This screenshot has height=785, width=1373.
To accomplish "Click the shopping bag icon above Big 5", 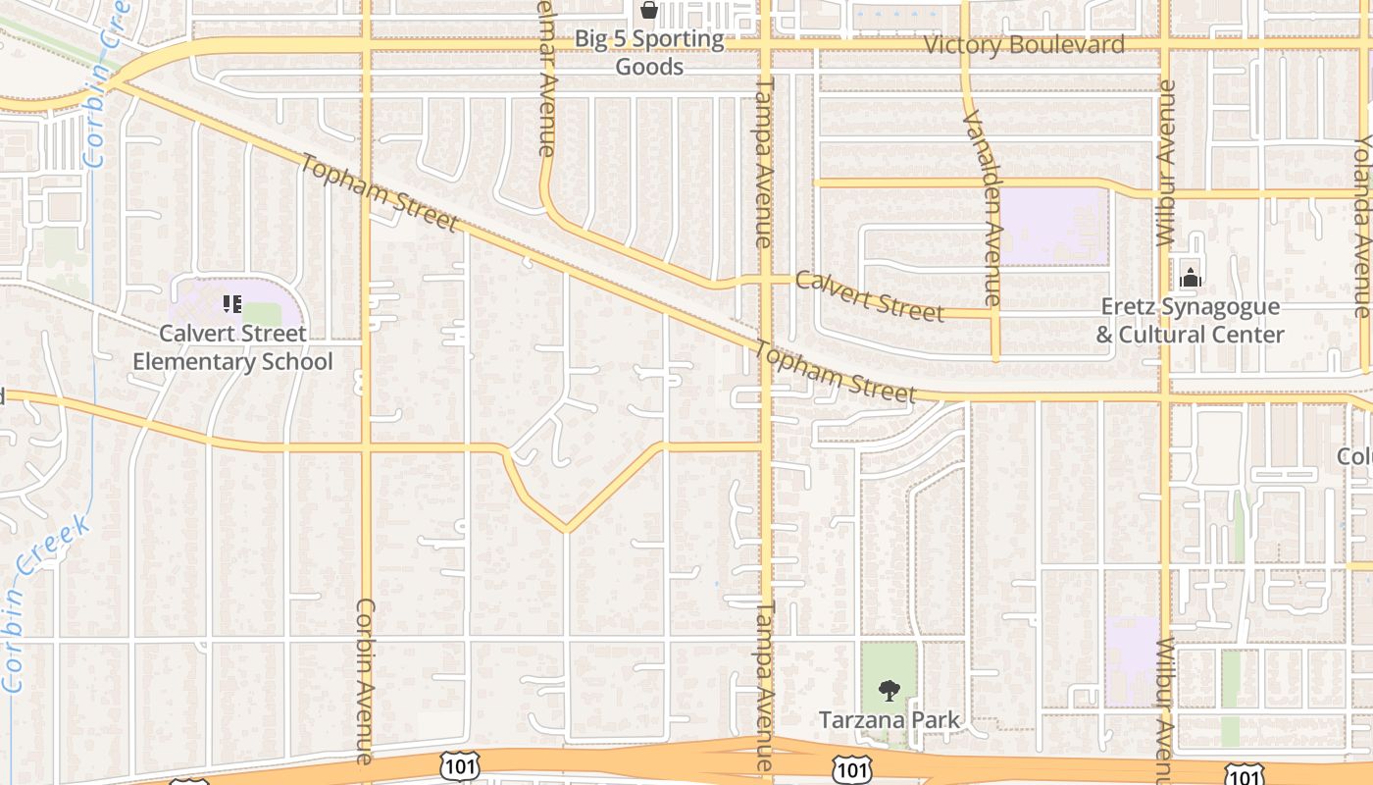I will (x=648, y=11).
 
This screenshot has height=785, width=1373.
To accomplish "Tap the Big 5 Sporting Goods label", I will (x=648, y=53).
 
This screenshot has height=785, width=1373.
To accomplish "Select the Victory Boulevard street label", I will (x=1025, y=45).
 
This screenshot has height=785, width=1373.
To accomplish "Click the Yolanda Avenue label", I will (x=1361, y=225).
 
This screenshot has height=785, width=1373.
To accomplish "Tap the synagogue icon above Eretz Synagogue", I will (x=1191, y=278).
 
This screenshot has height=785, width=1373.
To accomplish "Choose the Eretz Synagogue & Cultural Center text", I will (x=1189, y=321).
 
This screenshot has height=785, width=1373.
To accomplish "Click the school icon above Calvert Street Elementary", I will (x=232, y=304).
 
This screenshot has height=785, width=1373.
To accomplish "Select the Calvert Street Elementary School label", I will (x=232, y=347).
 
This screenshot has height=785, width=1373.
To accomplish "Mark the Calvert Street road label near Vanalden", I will (x=870, y=295).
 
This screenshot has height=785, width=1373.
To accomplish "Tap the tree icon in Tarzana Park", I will (x=890, y=691).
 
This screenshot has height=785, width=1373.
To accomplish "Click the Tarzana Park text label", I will (x=890, y=720).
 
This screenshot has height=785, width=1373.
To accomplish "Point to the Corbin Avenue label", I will (x=365, y=681).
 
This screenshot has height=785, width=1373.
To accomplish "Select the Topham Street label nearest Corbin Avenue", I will (x=380, y=193).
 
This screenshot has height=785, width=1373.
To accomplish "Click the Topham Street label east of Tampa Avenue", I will (x=835, y=372).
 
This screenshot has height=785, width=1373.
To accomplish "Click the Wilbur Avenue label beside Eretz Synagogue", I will (x=1165, y=162).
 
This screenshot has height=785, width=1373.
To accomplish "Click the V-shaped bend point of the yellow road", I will (x=566, y=531).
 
